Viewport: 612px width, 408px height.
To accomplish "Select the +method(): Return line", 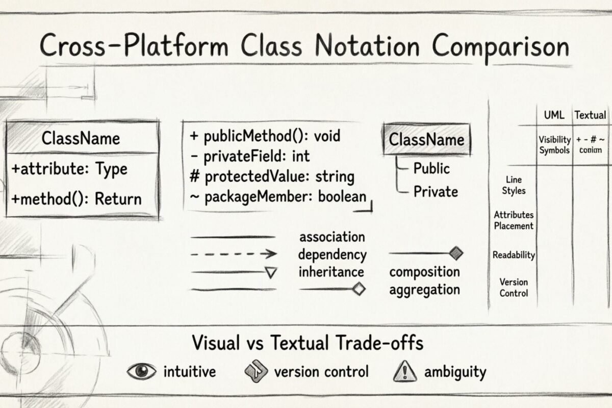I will click(x=76, y=198).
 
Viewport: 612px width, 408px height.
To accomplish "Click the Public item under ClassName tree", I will click(x=431, y=168).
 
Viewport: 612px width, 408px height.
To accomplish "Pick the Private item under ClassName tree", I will click(x=435, y=192).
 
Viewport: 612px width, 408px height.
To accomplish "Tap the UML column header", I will click(x=554, y=115).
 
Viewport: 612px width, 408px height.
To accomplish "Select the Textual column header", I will click(x=590, y=115).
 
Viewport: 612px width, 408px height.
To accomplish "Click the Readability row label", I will click(x=514, y=255).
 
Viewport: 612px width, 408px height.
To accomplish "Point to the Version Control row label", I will click(x=514, y=288).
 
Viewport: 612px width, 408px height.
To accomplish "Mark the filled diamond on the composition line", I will click(x=456, y=252).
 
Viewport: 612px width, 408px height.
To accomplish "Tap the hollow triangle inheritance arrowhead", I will click(x=271, y=273).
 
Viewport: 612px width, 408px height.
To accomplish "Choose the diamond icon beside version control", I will click(x=257, y=372).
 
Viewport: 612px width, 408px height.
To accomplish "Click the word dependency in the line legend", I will click(x=332, y=254).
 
